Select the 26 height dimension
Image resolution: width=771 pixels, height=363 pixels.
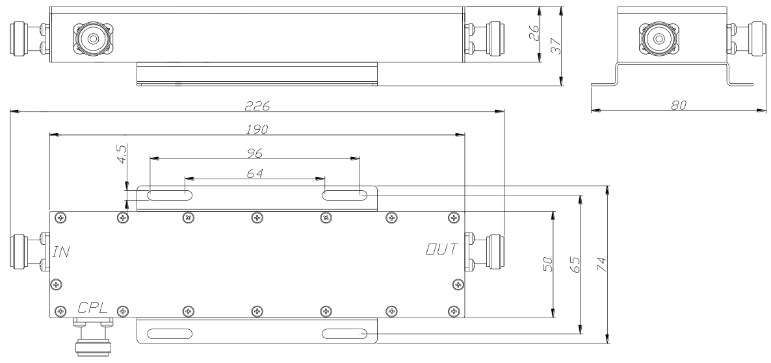click(x=533, y=34)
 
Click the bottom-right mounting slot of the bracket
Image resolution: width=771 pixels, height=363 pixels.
click(x=346, y=334)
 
